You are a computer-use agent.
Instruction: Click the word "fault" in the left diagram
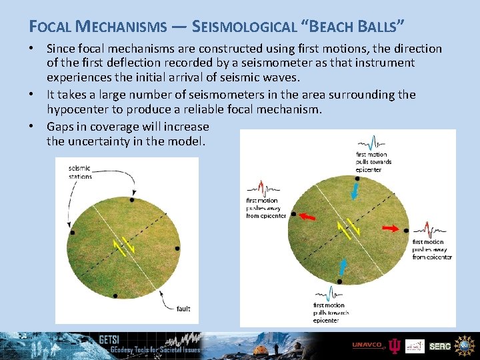[x=183, y=309]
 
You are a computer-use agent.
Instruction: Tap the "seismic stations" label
[x=80, y=172]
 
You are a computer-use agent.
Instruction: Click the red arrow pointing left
[x=307, y=217]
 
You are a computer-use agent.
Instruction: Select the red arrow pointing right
[x=391, y=228]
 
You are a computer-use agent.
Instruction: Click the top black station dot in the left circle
[x=132, y=200]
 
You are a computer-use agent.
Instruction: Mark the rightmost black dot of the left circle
[x=177, y=248]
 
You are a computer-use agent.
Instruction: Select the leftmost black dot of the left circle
[x=73, y=233]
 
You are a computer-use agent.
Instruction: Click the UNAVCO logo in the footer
[x=367, y=345]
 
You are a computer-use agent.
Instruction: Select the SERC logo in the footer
[x=439, y=346]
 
